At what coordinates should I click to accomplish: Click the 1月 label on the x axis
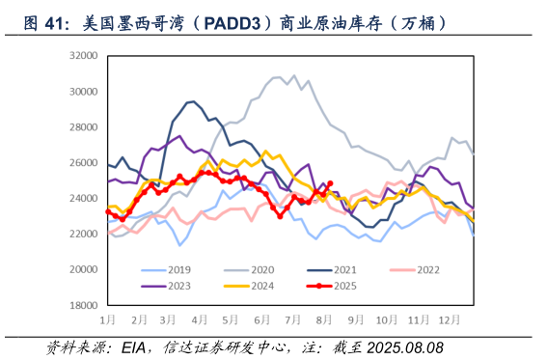pos(108,318)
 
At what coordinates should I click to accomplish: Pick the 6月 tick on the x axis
pos(261,318)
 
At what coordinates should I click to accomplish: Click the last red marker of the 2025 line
pos(330,183)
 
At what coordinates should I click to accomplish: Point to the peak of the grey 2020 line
pos(294,75)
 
